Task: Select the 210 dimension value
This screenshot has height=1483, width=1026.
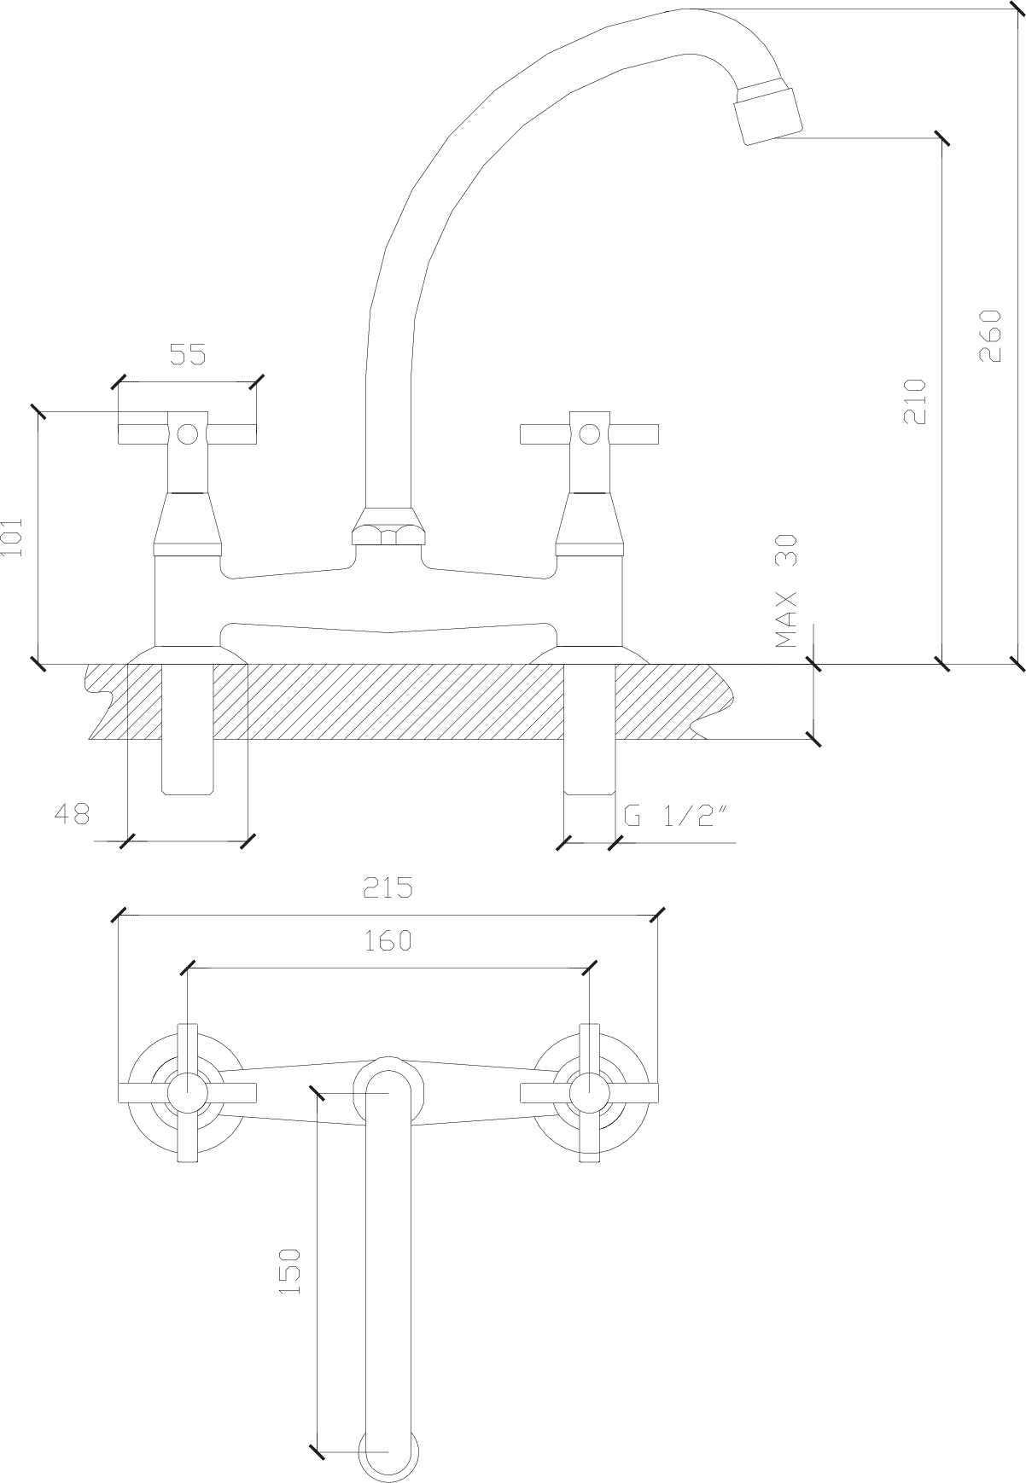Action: click(x=914, y=401)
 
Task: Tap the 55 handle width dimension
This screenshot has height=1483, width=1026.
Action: click(x=189, y=354)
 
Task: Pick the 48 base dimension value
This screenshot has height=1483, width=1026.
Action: click(x=72, y=814)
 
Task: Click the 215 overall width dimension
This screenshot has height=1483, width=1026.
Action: click(x=388, y=887)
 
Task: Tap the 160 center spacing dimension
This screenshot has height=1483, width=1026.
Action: click(x=388, y=940)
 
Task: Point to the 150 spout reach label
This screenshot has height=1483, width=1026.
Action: click(x=290, y=1271)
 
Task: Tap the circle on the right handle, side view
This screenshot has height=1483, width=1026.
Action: click(x=589, y=434)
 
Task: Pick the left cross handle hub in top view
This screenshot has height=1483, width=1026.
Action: click(x=187, y=1092)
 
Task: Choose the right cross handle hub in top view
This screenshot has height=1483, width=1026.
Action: click(x=589, y=1092)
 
